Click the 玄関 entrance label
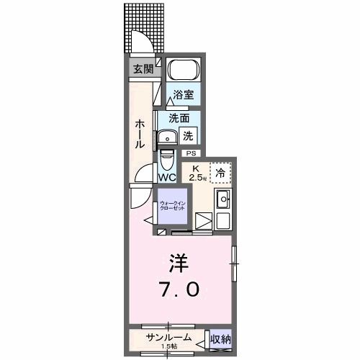[x=142, y=69]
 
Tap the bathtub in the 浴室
[x=184, y=71]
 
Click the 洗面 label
[x=179, y=118]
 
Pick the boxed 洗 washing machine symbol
[x=187, y=134]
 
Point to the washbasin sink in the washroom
[x=167, y=137]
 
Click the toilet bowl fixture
[x=167, y=158]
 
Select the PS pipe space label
[x=191, y=153]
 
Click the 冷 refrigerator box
[x=220, y=172]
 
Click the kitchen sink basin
[x=222, y=199]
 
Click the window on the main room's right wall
[x=233, y=264]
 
